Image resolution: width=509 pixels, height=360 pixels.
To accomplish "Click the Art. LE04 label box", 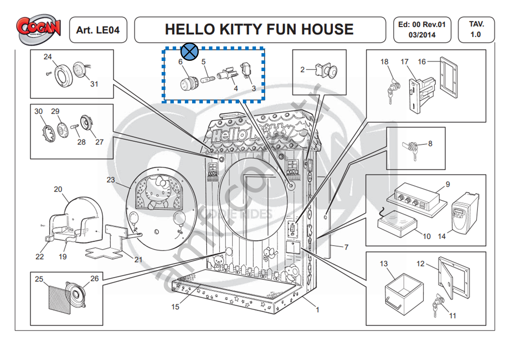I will coord(98,30).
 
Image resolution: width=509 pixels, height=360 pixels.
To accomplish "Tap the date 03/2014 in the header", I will coord(422,35).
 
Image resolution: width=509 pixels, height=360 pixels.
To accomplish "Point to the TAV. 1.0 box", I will coord(476,29).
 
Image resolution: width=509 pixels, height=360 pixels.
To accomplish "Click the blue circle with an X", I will coord(189,52).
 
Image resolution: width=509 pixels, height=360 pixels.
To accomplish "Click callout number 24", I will coord(48,57).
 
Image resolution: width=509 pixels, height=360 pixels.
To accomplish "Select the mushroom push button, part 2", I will coord(327,70).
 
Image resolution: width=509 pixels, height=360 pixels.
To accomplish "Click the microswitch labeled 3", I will coord(246,70).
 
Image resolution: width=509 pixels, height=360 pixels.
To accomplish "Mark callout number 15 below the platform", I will coord(175,307).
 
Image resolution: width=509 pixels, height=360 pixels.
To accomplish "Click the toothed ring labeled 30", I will coord(48,134).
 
